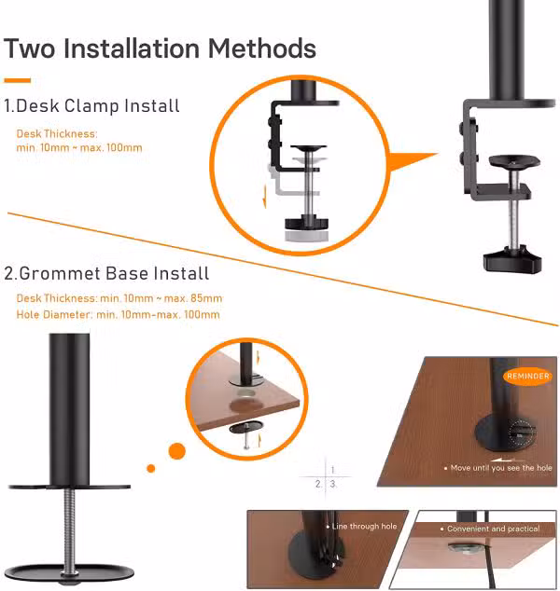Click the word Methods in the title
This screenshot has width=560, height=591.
[262, 48]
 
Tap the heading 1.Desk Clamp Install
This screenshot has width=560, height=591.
[91, 106]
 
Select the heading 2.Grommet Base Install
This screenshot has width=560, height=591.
[106, 273]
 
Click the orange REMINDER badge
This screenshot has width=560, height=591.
[527, 377]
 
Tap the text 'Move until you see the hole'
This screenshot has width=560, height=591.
[501, 468]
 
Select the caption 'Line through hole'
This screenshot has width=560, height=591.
[364, 526]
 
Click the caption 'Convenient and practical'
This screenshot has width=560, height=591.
[493, 529]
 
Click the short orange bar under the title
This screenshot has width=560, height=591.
[18, 80]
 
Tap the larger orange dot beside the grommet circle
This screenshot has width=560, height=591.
[177, 451]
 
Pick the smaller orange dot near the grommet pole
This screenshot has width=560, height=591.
[151, 469]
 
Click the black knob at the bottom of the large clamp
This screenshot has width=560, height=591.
[512, 259]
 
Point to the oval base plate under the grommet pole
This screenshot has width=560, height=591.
[69, 573]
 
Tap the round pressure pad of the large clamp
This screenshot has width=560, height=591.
[514, 161]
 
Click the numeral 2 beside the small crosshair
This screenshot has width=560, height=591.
[318, 484]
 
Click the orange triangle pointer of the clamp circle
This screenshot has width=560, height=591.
[413, 161]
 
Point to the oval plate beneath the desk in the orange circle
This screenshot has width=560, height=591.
[245, 428]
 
